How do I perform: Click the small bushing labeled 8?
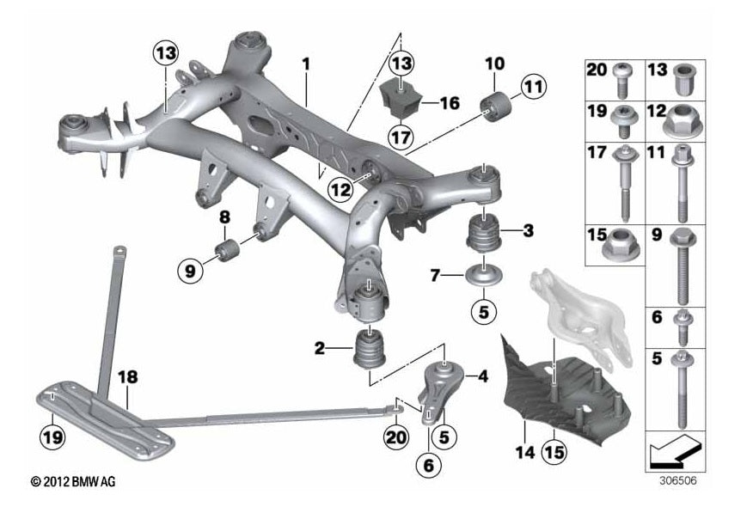point(228,250)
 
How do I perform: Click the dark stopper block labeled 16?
point(401,101)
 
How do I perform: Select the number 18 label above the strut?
point(126,377)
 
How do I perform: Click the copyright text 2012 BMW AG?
point(72,482)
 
